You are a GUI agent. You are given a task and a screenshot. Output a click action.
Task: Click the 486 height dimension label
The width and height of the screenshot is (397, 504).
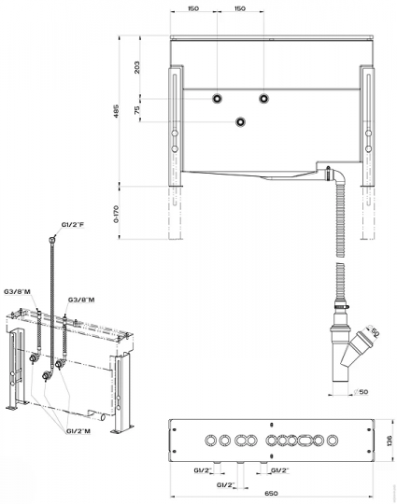[117, 110]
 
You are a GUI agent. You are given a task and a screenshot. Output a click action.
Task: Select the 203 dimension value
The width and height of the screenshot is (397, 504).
[137, 67]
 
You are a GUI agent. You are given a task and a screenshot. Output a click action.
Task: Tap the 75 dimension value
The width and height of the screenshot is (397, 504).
[137, 110]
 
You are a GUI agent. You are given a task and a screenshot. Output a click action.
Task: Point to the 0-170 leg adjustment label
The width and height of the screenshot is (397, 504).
[117, 214]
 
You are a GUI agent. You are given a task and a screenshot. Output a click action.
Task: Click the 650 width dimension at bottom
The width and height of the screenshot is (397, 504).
[271, 493]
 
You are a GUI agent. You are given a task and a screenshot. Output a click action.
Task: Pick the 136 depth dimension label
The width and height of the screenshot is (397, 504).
[389, 441]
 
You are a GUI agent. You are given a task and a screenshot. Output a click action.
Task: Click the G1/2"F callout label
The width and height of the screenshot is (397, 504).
[73, 224]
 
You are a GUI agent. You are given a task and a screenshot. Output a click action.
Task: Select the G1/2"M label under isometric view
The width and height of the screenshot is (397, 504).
[78, 431]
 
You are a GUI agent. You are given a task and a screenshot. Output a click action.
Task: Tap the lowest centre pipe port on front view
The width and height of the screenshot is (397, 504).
[240, 122]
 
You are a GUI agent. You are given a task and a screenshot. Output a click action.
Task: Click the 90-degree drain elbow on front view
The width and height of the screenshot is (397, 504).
[338, 176]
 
